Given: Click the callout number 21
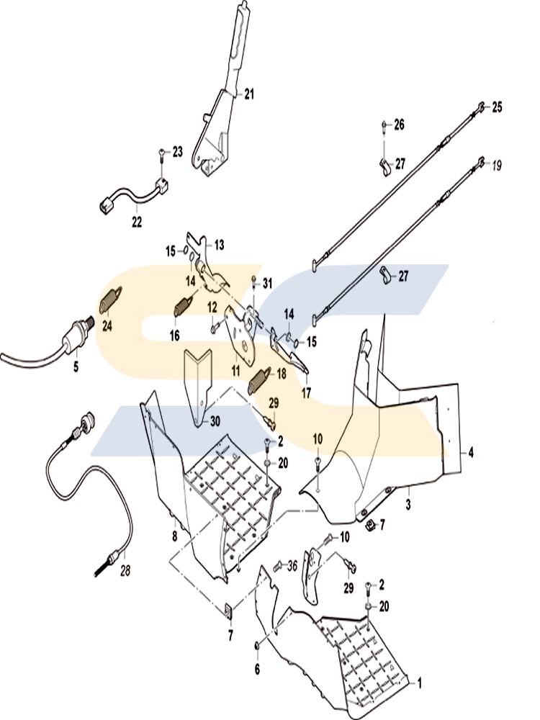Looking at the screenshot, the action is pyautogui.click(x=248, y=94).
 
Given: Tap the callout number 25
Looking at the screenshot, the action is pyautogui.click(x=497, y=107).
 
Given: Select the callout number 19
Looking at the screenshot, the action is pyautogui.click(x=496, y=165).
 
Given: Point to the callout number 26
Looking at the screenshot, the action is pyautogui.click(x=399, y=125).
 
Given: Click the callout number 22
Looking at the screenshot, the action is pyautogui.click(x=137, y=222).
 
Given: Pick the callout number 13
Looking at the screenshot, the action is pyautogui.click(x=219, y=246).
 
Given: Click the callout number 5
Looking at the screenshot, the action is pyautogui.click(x=76, y=367).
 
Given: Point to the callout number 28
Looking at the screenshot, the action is pyautogui.click(x=125, y=571).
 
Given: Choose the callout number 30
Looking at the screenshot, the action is pyautogui.click(x=215, y=421).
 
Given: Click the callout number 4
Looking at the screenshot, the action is pyautogui.click(x=471, y=453).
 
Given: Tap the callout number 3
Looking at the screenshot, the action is pyautogui.click(x=408, y=505).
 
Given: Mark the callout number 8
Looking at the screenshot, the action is pyautogui.click(x=174, y=536).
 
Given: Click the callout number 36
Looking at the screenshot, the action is pyautogui.click(x=292, y=566).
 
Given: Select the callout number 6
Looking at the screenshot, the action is pyautogui.click(x=257, y=670).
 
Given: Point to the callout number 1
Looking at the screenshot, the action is pyautogui.click(x=419, y=684).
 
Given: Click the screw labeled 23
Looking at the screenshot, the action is pyautogui.click(x=162, y=156).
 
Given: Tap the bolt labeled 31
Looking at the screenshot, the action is pyautogui.click(x=253, y=282).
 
